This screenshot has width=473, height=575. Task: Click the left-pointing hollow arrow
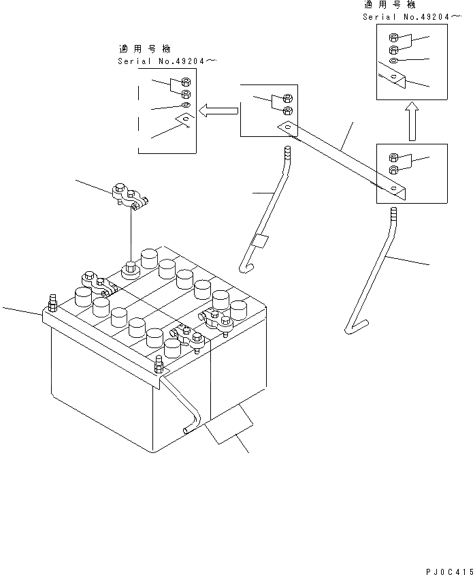pyautogui.click(x=217, y=110)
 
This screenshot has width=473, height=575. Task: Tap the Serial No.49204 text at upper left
pyautogui.click(x=167, y=61)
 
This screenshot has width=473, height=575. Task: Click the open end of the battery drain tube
pyautogui.click(x=186, y=430)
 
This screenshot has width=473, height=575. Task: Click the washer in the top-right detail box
pyautogui.click(x=394, y=62)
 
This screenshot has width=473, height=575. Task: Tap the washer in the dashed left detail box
pyautogui.click(x=186, y=106)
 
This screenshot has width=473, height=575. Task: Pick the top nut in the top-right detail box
pyautogui.click(x=393, y=38)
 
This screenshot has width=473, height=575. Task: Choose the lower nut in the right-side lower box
pyautogui.click(x=393, y=169)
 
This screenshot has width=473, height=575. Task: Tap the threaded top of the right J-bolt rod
pyautogui.click(x=391, y=218)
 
